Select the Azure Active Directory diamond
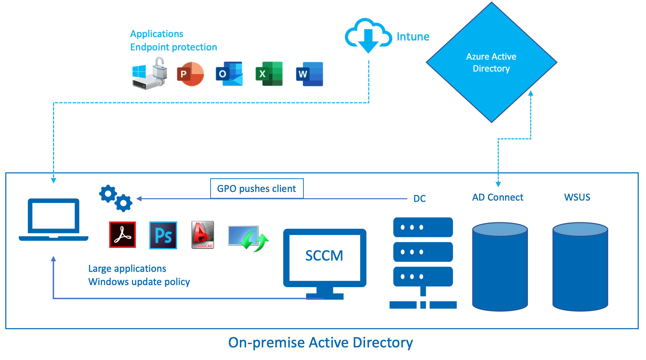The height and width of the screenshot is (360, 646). coord(491,62)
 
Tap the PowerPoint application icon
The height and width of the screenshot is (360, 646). coord(190,74)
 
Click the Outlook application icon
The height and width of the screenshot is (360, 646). coord(229,74)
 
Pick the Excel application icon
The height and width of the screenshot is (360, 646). coord(269,74)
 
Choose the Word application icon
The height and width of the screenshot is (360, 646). coord(309,74)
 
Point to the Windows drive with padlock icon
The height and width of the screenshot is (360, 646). coord(150,74)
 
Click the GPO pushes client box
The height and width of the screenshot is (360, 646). coord(257,189)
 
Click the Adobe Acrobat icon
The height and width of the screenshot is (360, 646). coord(122,235)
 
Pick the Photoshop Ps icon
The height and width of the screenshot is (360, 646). coord(163,235)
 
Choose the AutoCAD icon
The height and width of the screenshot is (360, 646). coord(203,235)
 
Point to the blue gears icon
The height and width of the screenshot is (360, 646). coord(116,198)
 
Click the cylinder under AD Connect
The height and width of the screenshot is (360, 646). coord(500,267)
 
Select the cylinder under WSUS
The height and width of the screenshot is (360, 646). coord(580,267)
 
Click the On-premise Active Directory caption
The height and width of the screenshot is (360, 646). coord(320,343)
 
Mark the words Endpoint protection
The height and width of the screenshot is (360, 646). coord(173,47)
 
